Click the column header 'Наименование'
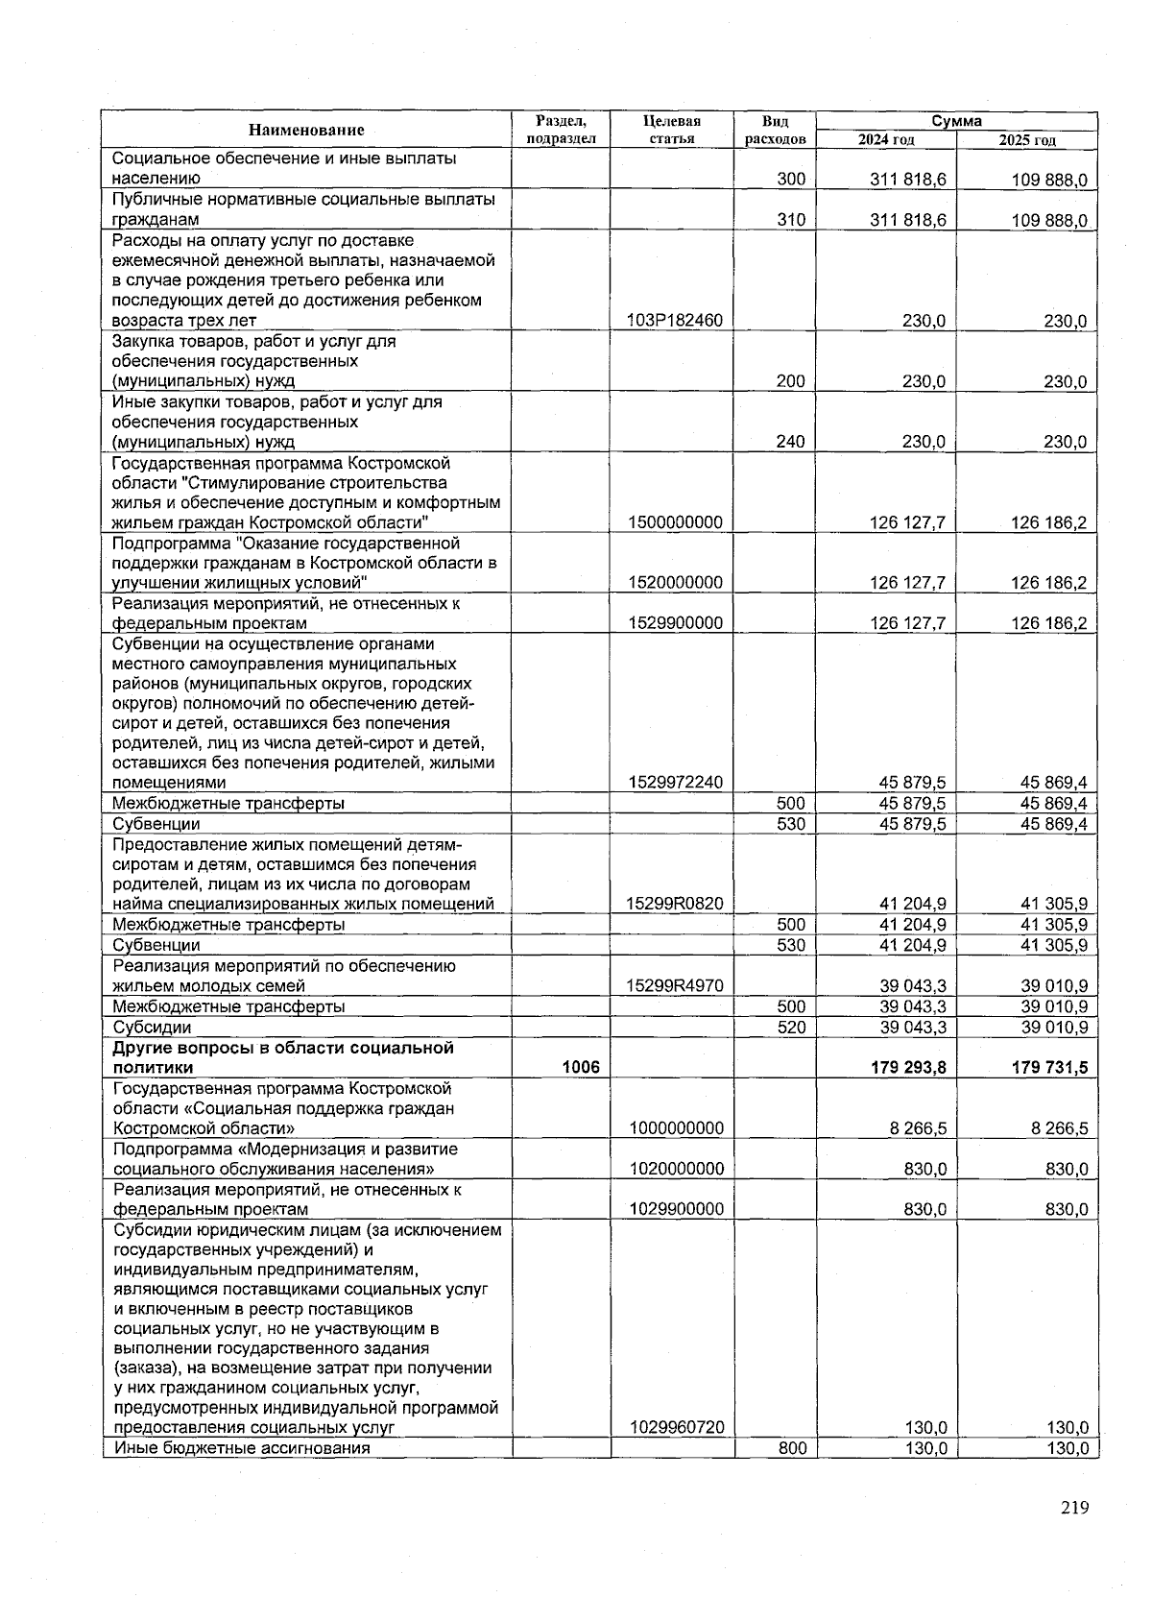point(306,130)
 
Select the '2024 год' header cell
point(885,140)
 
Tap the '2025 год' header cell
point(1026,140)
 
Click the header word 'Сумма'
point(956,121)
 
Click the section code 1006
point(581,1067)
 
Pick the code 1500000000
point(676,522)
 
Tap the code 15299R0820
point(676,904)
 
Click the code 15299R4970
point(676,985)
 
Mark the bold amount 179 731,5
point(1049,1067)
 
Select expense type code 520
point(790,1028)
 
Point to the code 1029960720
point(677,1428)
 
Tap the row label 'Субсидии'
point(152,1028)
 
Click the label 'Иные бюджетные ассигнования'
point(242,1448)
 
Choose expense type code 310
point(790,220)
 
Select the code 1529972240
point(676,783)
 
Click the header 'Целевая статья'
point(671,130)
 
